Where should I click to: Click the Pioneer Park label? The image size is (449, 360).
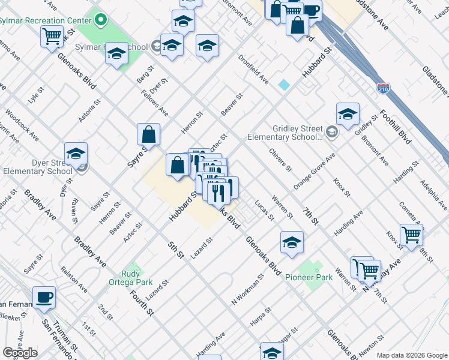(309, 277)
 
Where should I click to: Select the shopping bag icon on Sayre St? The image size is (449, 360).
(148, 134)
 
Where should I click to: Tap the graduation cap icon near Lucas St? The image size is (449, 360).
(292, 242)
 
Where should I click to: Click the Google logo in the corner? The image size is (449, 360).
(20, 353)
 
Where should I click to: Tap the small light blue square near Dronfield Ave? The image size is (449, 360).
(283, 85)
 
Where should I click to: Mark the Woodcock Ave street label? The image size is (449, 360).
(22, 125)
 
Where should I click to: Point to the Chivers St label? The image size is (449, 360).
(280, 160)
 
